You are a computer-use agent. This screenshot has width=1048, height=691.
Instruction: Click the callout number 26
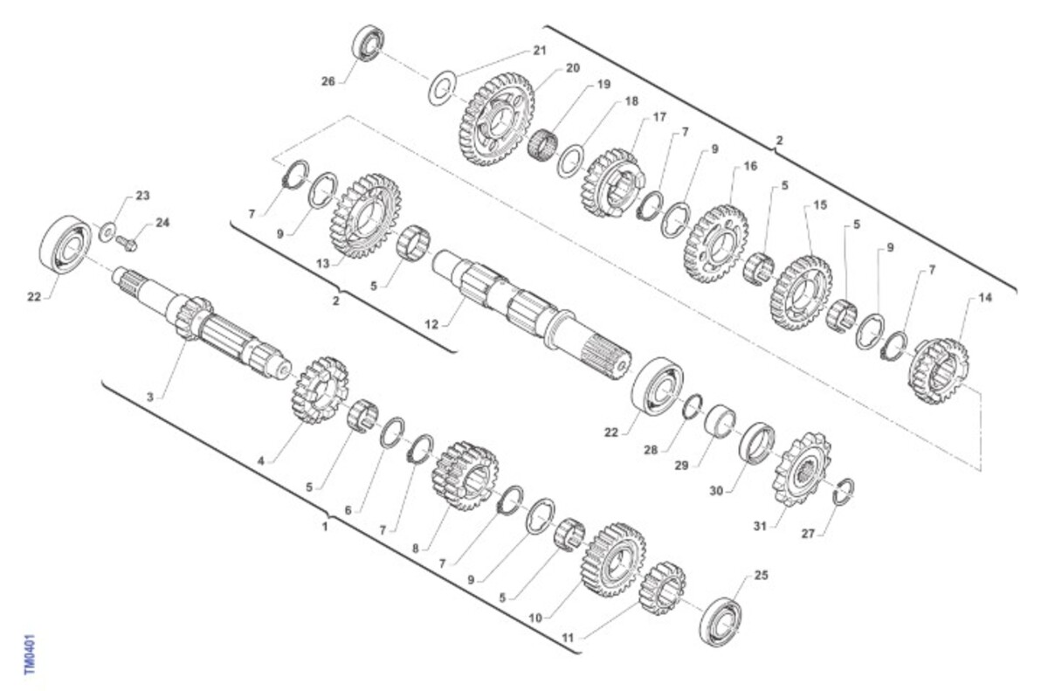pos(328,81)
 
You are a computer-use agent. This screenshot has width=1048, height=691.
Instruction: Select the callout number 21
pos(540,50)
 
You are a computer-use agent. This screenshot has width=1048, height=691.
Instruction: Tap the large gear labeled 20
pos(496,120)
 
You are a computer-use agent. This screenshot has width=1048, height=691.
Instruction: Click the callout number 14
pos(985,298)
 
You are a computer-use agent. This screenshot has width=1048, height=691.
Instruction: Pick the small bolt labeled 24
pos(128,243)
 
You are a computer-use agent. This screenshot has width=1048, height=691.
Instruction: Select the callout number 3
pos(149,397)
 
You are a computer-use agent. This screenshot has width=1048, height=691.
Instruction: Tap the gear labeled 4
pos(320,390)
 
